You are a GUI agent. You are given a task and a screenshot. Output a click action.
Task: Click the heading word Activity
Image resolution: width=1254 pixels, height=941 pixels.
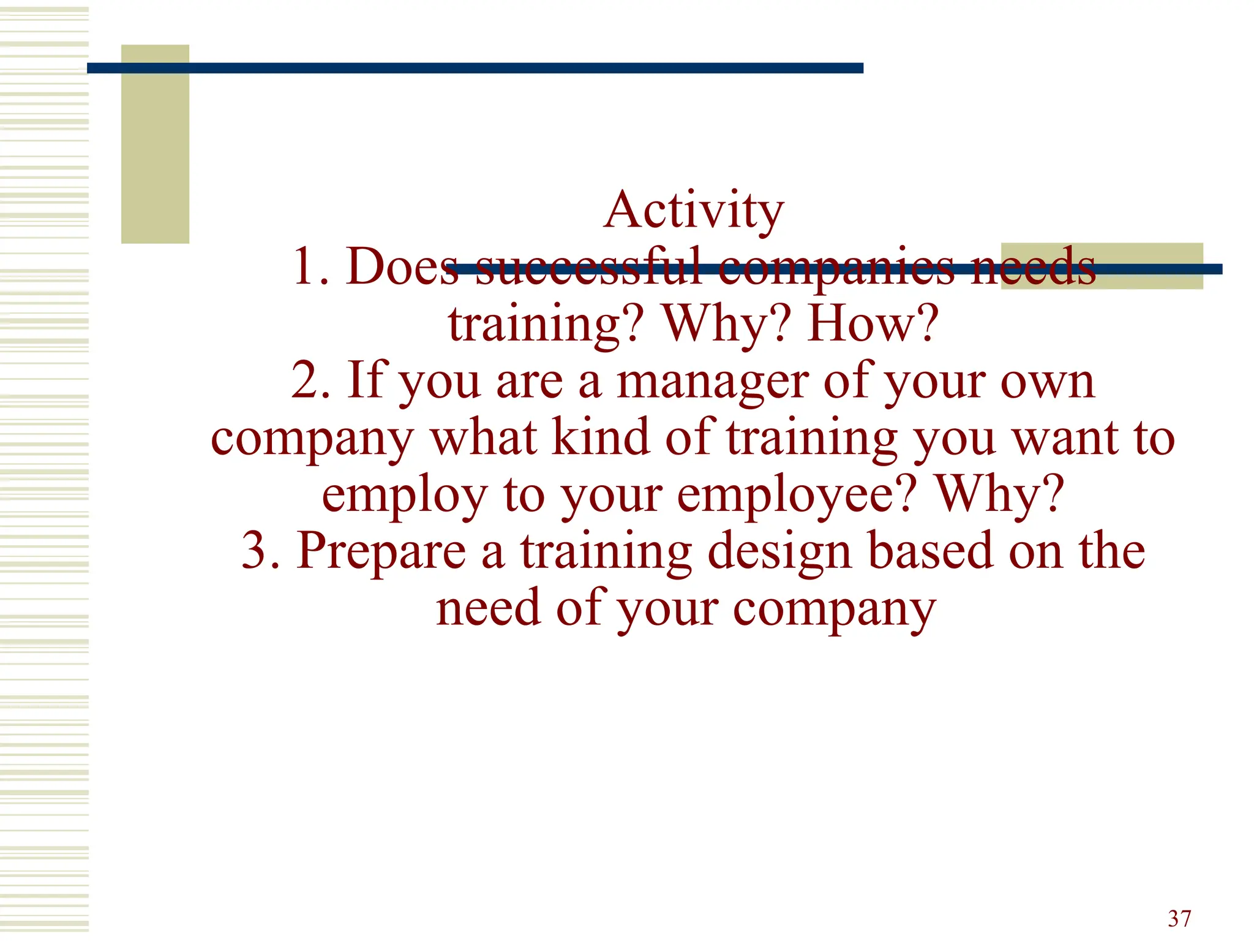pyautogui.click(x=693, y=211)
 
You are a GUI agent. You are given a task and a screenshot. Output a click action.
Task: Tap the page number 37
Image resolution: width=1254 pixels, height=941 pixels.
pyautogui.click(x=1179, y=918)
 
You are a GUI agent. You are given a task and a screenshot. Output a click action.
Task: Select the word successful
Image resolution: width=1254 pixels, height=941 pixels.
pyautogui.click(x=588, y=267)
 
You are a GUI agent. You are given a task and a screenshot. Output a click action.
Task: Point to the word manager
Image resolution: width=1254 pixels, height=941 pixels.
pyautogui.click(x=713, y=381)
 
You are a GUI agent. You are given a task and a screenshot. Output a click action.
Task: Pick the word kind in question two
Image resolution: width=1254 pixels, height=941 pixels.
pyautogui.click(x=600, y=437)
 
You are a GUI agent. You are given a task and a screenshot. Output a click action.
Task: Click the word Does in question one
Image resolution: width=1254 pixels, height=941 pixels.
pyautogui.click(x=402, y=267)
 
